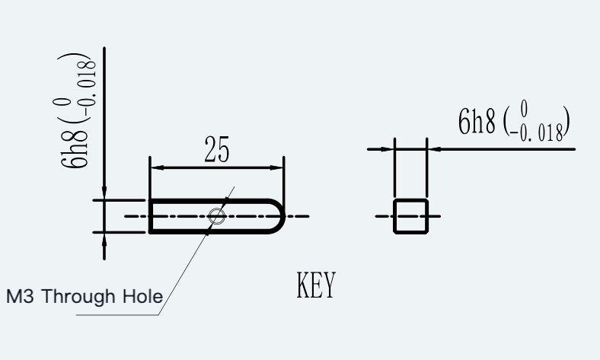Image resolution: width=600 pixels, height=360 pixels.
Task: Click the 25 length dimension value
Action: (x=217, y=149)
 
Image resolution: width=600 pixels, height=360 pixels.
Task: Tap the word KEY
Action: (x=316, y=285)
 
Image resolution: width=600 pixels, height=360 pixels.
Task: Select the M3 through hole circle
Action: (x=216, y=216)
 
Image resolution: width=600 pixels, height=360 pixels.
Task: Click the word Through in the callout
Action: (x=78, y=297)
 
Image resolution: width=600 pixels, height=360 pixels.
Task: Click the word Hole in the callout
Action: (x=142, y=297)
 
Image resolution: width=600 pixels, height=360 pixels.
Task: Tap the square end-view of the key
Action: (x=410, y=216)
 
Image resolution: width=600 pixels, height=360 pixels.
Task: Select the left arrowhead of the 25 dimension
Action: (x=158, y=167)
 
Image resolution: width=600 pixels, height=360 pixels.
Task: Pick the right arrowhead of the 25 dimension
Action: (x=276, y=167)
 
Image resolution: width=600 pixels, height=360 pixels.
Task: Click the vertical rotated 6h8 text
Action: (x=74, y=150)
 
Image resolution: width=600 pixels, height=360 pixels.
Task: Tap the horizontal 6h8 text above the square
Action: (x=477, y=121)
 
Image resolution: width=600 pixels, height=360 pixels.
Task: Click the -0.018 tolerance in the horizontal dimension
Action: (x=537, y=133)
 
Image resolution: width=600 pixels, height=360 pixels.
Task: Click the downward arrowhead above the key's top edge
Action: (x=104, y=193)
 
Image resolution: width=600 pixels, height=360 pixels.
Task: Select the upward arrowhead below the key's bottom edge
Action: (x=104, y=239)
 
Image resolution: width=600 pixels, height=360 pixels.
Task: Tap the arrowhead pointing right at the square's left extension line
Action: (x=388, y=149)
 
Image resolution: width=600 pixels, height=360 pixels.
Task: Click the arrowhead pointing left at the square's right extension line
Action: (x=434, y=149)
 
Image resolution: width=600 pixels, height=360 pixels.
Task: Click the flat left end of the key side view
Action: (x=151, y=216)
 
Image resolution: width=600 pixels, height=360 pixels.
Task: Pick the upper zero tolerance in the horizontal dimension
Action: (x=524, y=108)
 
